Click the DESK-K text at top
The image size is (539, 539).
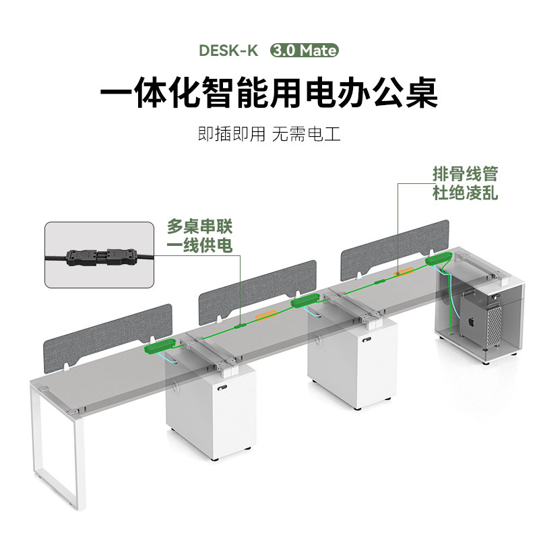coord(228,51)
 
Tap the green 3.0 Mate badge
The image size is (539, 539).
coord(304,51)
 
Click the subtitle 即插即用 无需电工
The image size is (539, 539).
coord(269,133)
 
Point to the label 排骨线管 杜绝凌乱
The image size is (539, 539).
coord(465,183)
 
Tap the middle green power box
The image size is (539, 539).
coord(304,300)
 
